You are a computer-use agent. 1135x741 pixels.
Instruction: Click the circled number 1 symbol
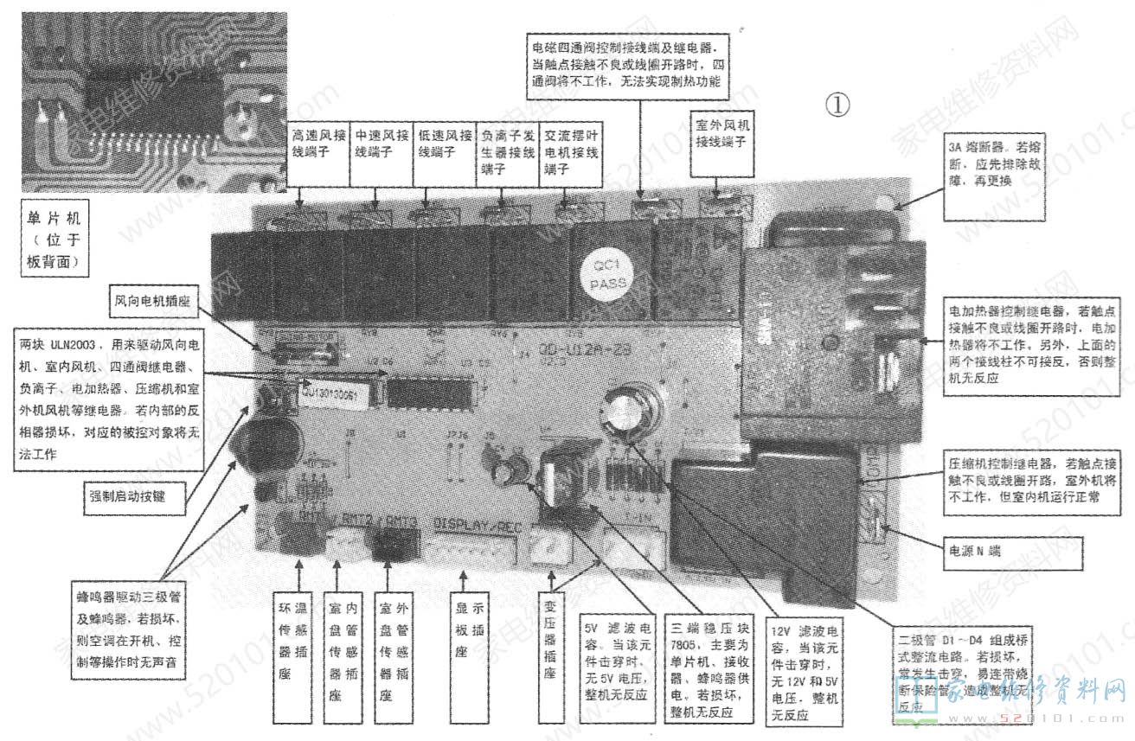click(x=837, y=105)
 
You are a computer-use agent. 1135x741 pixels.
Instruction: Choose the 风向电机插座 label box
click(x=152, y=303)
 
